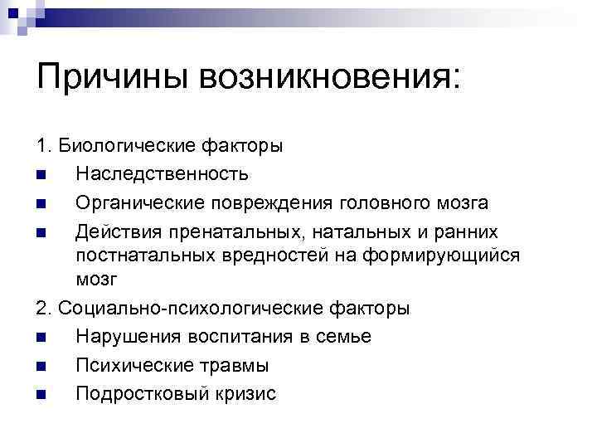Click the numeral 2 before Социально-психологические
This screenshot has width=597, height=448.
pos(41,309)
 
